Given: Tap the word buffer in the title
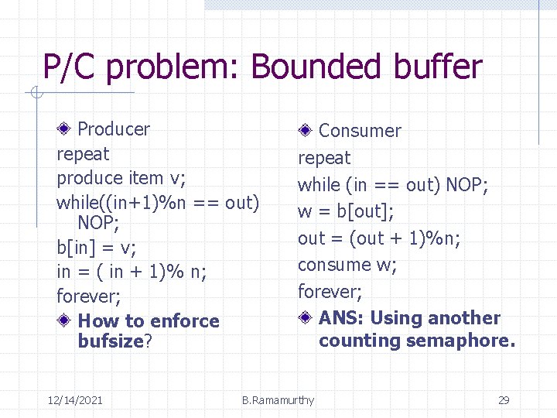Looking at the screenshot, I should [x=438, y=67].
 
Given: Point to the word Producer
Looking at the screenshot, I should [x=114, y=128].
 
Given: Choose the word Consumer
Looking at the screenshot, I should [x=360, y=131].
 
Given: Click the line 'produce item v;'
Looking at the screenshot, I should [x=121, y=178].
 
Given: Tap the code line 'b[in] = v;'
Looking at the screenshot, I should [x=96, y=248].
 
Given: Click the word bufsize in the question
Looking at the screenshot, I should [x=111, y=341].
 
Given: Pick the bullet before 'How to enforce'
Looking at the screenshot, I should [x=66, y=320].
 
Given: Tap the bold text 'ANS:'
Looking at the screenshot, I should [x=343, y=317].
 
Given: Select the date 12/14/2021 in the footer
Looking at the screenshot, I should [x=75, y=400].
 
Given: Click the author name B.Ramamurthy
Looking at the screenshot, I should [x=278, y=400].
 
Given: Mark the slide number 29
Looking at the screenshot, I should [x=504, y=400].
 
